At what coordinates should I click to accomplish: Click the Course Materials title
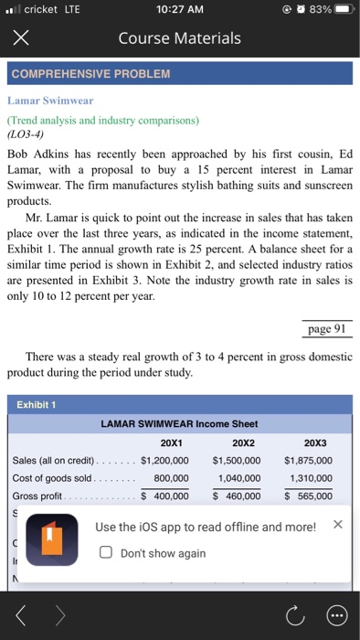coord(179,37)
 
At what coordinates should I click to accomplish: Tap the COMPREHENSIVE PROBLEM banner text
coord(90,73)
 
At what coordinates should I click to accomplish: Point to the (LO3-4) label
coord(32,133)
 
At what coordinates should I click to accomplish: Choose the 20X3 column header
coord(308,443)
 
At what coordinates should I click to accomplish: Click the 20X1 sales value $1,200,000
coord(164,460)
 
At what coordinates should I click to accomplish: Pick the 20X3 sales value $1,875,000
coord(309,460)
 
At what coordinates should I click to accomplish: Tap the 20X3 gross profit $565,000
coord(309,496)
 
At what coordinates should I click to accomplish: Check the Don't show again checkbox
coord(106,553)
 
